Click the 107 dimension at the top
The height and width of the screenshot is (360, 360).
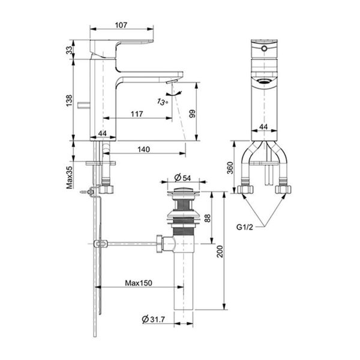(122, 26)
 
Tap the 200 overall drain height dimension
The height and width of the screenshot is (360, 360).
(220, 253)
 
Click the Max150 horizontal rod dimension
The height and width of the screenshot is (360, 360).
(137, 283)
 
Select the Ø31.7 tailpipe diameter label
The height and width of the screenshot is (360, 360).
(155, 319)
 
